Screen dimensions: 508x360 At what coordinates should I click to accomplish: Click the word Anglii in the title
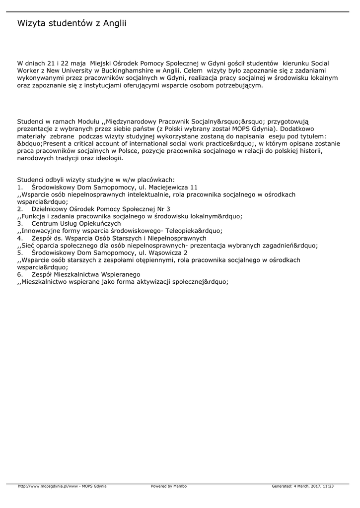point(114,23)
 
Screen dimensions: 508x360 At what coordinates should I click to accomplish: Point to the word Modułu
point(88,122)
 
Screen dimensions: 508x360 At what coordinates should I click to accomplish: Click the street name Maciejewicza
point(164,188)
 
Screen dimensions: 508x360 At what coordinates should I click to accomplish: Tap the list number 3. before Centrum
point(20,223)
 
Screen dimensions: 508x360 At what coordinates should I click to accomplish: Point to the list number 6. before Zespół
point(20,274)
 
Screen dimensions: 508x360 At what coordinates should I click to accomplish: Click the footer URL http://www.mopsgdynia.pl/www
point(49,486)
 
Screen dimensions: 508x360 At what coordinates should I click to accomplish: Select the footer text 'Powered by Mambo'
point(169,486)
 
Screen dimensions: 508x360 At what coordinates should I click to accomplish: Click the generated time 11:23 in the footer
point(328,486)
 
